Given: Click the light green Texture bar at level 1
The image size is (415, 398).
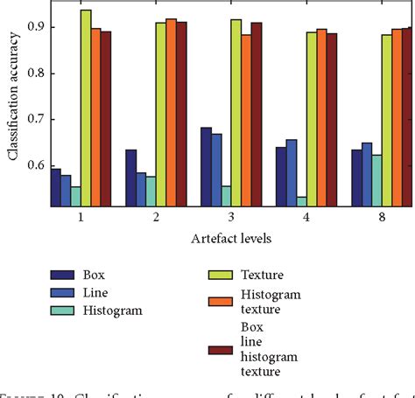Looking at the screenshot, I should pyautogui.click(x=86, y=109).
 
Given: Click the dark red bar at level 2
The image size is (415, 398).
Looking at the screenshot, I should pyautogui.click(x=181, y=115).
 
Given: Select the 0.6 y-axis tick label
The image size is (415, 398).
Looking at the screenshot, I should pyautogui.click(x=34, y=165).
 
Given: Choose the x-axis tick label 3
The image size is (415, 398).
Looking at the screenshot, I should pyautogui.click(x=231, y=219).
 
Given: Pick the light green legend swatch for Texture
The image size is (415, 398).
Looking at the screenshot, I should pyautogui.click(x=224, y=274).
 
